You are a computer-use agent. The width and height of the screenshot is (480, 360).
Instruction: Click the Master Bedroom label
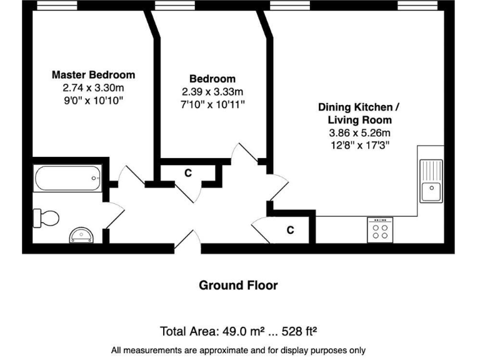(93, 75)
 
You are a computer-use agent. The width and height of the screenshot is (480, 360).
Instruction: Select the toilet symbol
(47, 218)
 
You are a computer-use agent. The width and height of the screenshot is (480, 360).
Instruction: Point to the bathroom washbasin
(82, 235)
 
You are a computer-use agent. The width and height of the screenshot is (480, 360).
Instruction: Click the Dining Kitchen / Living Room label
(359, 113)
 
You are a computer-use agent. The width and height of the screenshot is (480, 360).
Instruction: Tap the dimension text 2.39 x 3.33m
(212, 91)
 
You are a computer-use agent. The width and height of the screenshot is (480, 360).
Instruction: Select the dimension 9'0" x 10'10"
(93, 100)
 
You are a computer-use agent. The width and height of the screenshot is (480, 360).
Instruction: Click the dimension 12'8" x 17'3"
(359, 146)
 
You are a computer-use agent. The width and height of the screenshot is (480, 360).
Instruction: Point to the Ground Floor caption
(238, 286)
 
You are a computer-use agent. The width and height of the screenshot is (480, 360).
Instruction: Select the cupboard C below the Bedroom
(187, 172)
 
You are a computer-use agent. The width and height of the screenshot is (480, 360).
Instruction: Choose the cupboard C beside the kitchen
(290, 230)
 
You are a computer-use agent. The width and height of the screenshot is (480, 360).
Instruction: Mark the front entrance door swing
(187, 241)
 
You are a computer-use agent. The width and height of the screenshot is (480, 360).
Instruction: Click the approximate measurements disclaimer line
(238, 350)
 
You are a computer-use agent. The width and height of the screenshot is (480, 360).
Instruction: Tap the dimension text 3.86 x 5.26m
(359, 133)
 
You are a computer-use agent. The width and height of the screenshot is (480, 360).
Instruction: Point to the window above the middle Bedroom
(174, 5)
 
